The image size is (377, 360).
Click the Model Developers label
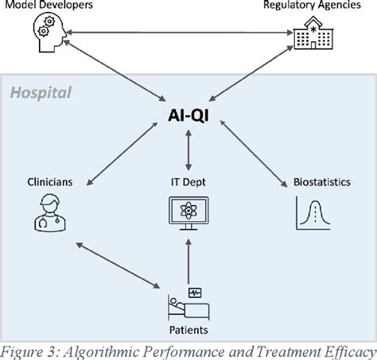pos(50,6)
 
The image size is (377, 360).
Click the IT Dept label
pos(188,182)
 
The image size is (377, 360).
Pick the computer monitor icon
pos(188,215)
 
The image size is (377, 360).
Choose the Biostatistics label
pos(326,182)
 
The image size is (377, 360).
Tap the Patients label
pos(188,327)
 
